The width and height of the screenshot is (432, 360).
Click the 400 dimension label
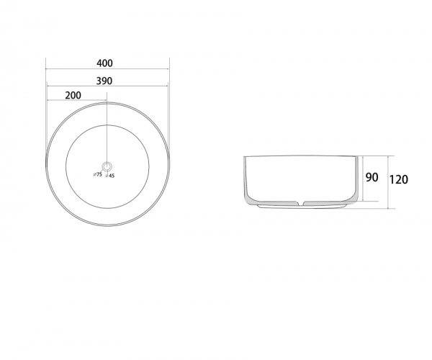[104, 63]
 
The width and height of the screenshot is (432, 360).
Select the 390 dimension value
[104, 81]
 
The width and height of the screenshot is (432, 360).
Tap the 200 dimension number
[73, 95]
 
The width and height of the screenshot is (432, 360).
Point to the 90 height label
[372, 178]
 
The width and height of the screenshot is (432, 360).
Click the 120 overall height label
[399, 179]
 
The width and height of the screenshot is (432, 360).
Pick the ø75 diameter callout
[98, 174]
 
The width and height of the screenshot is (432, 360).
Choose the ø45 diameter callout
[110, 176]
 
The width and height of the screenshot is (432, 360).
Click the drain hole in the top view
[107, 166]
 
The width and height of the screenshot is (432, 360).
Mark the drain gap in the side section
[301, 203]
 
